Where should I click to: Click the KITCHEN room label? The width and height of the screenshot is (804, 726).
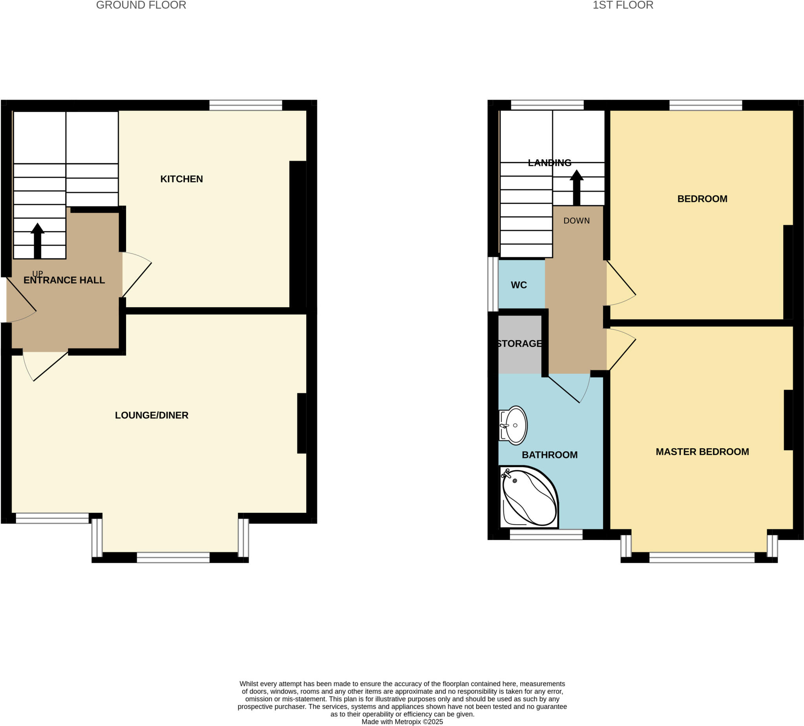point(181,179)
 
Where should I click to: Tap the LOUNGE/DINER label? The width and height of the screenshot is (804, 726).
point(152,415)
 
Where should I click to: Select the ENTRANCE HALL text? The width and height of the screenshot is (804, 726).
point(64,280)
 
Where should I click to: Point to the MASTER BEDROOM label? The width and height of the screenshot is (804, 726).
point(702,452)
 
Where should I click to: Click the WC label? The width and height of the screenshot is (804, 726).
point(519,285)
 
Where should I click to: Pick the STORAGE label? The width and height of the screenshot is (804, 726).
point(520,344)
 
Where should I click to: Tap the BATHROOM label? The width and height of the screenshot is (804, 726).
point(550,455)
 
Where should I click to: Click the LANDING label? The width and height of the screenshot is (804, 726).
point(550,162)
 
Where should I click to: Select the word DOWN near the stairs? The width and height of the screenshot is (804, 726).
point(577,221)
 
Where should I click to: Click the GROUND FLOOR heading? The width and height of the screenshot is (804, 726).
point(141,5)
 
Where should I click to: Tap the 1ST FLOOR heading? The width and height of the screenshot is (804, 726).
point(623,5)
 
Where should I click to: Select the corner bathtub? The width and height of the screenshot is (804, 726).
point(528,498)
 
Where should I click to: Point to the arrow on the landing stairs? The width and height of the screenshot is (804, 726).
point(577,187)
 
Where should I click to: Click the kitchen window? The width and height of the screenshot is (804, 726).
point(246,105)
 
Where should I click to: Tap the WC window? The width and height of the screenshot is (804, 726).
point(494,284)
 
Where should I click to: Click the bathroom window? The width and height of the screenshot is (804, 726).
point(546,534)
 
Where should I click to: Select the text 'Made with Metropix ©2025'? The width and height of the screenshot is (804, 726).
point(402,722)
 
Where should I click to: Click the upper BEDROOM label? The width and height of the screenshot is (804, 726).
point(702,199)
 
